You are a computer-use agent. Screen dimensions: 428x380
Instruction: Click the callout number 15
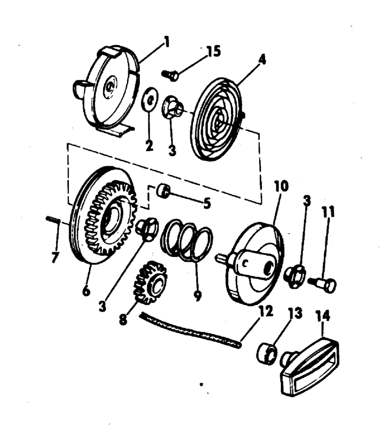[x=214, y=51]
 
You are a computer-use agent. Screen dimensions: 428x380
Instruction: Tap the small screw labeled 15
[x=171, y=75]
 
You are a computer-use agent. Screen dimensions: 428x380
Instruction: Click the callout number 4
[x=261, y=61]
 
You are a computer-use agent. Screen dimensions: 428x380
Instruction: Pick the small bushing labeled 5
[x=163, y=191]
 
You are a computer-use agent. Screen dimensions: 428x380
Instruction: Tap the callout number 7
[x=54, y=257]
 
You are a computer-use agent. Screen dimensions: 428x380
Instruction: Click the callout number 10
[x=281, y=186]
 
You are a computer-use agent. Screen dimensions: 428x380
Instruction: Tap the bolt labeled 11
[x=324, y=284]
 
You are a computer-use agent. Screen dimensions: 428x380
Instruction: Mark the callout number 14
[x=323, y=317]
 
